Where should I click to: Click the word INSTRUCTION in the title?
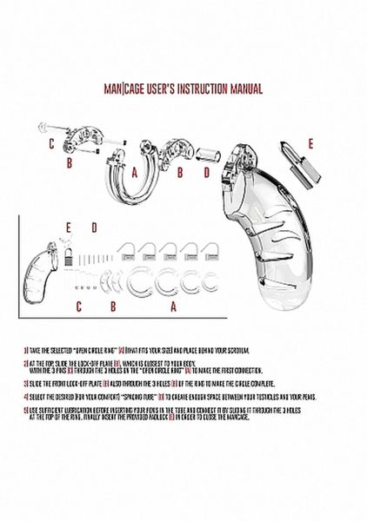coord(203,89)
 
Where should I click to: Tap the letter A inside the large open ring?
coord(136,173)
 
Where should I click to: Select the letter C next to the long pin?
coord(52,142)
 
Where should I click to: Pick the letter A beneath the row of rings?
coord(173,306)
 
